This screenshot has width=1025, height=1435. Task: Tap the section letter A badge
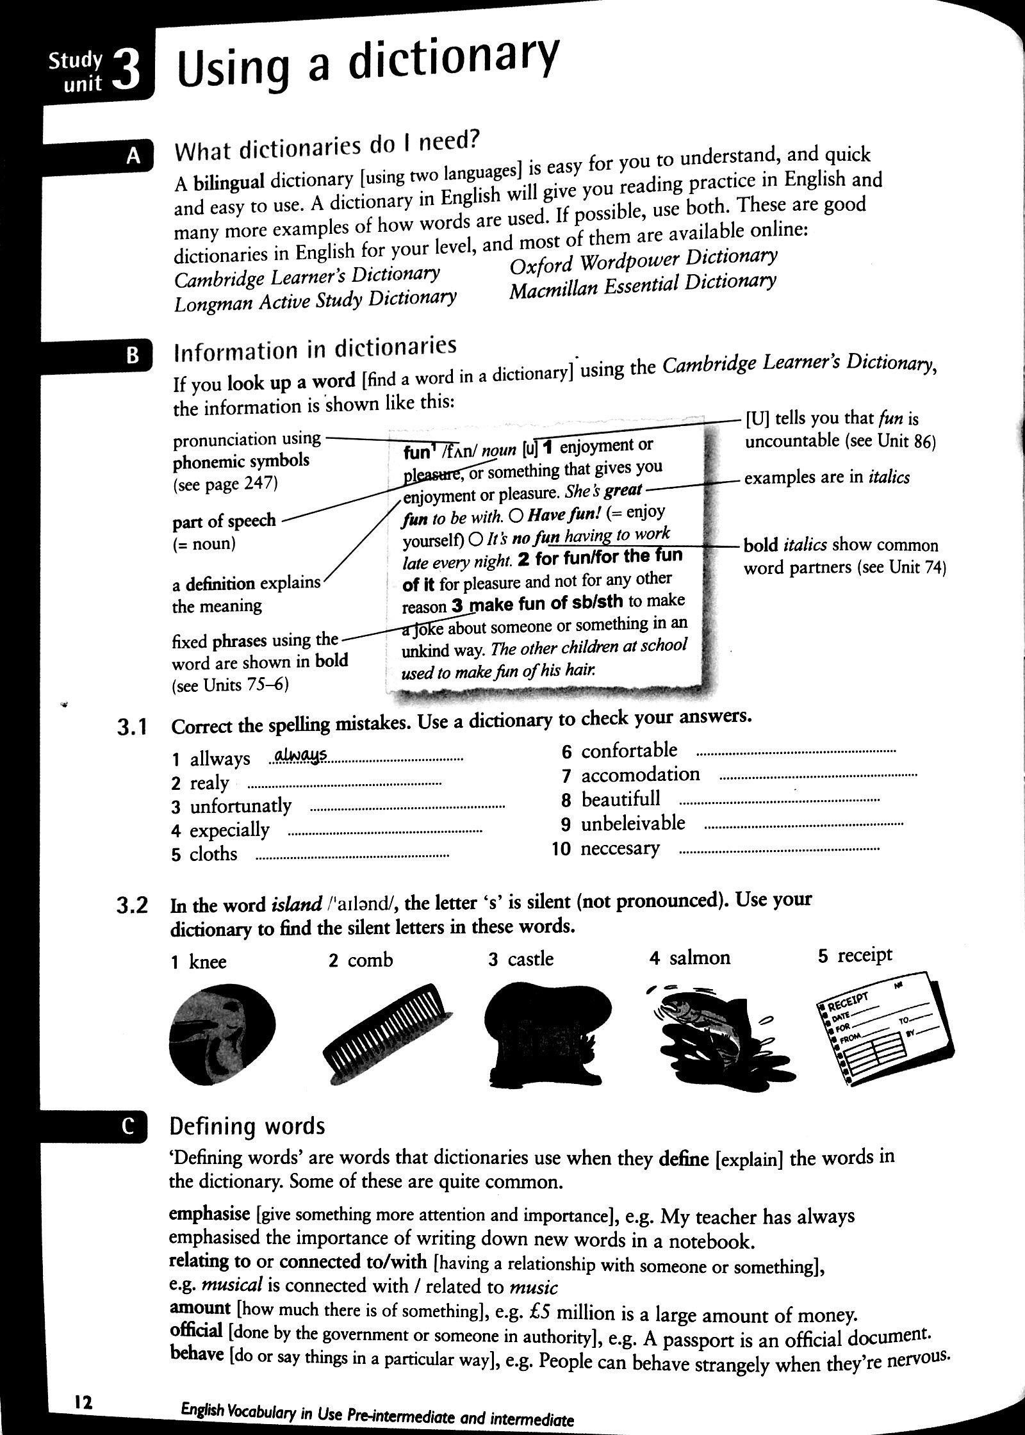(x=133, y=156)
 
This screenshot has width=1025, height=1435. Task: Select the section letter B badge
(x=133, y=356)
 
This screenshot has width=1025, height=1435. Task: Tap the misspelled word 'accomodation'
(x=640, y=775)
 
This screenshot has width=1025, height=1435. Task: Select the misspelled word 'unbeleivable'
(x=633, y=824)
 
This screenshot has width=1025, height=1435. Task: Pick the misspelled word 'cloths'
(x=213, y=855)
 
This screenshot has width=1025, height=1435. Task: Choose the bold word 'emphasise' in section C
(x=209, y=1214)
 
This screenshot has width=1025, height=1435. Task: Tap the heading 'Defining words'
(x=247, y=1144)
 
